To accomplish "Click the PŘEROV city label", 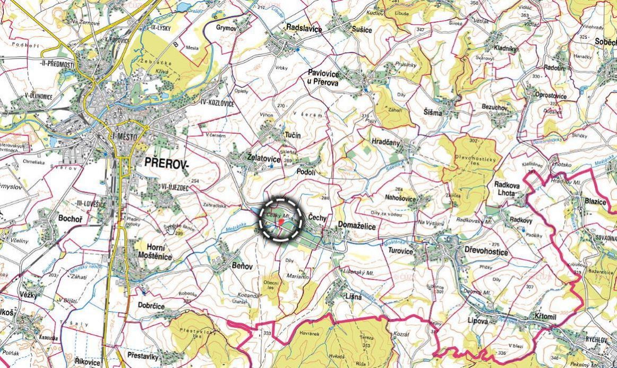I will point(166,165).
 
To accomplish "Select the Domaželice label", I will point(357,227).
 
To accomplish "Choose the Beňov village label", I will point(241,266).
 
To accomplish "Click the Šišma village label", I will point(433,113).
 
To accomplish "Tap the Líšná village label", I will point(352,297).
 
